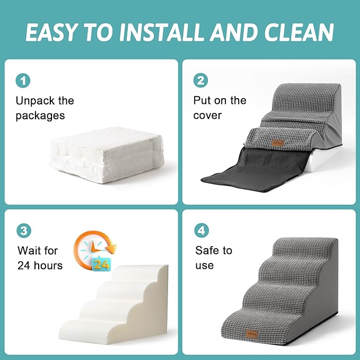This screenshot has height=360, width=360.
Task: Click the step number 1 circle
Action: [x=23, y=81]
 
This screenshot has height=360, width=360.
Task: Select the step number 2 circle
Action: [x=201, y=81]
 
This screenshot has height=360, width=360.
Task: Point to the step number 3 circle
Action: [x=23, y=231]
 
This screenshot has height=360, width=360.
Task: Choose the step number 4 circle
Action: [x=201, y=231]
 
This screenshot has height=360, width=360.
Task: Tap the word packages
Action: [x=40, y=115]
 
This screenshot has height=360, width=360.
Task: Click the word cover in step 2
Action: [x=207, y=115]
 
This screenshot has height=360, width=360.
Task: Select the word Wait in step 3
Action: [x=30, y=250]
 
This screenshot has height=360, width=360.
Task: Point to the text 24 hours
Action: [x=40, y=265]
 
